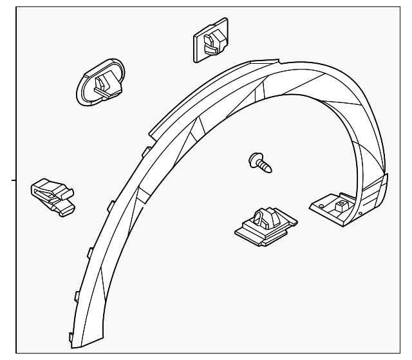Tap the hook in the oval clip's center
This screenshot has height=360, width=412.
102,82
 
